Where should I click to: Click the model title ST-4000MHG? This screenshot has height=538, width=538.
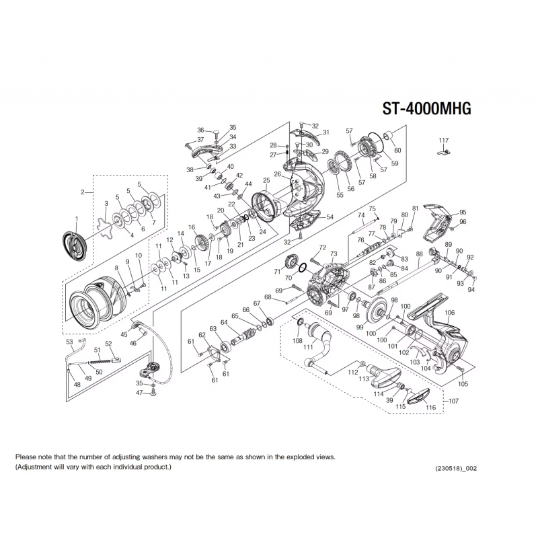pyautogui.click(x=426, y=110)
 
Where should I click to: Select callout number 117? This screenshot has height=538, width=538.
pyautogui.click(x=443, y=140)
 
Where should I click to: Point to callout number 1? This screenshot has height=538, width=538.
pyautogui.click(x=76, y=219)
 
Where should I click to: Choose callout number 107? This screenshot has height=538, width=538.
pyautogui.click(x=453, y=401)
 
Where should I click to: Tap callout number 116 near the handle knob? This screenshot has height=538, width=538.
pyautogui.click(x=430, y=408)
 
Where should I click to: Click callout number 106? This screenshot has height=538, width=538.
pyautogui.click(x=450, y=313)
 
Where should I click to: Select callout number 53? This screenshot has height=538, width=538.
pyautogui.click(x=69, y=342)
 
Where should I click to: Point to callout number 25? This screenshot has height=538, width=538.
pyautogui.click(x=266, y=180)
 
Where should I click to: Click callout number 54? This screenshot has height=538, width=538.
pyautogui.click(x=330, y=217)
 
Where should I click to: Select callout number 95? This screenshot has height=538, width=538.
pyautogui.click(x=463, y=212)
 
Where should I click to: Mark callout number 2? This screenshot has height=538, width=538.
pyautogui.click(x=83, y=192)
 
